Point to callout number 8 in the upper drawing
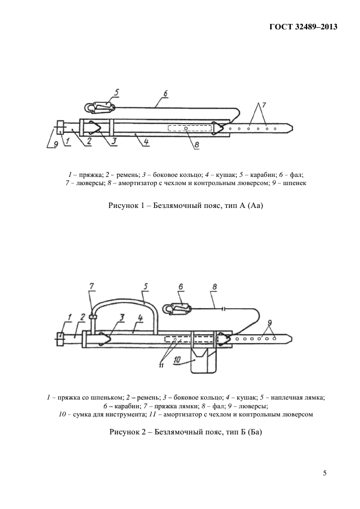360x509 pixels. [197, 145]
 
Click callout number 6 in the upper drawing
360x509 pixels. [166, 94]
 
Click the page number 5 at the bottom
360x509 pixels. [325, 473]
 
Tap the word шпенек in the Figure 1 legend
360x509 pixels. [296, 183]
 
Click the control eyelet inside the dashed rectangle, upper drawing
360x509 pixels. [186, 128]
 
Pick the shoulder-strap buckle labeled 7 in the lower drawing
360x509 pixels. [93, 316]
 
